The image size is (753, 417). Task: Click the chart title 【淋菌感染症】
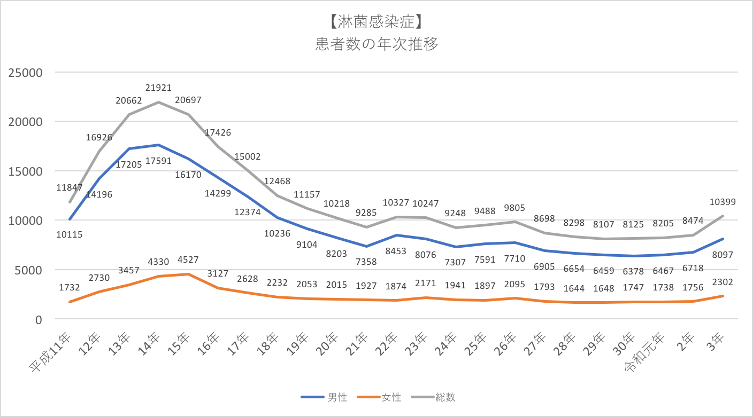click(x=376, y=22)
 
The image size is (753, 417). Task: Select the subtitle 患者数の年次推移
click(x=376, y=44)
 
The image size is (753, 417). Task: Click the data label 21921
click(x=158, y=88)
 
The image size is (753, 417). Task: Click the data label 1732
click(x=70, y=287)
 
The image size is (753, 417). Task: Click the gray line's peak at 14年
click(x=158, y=102)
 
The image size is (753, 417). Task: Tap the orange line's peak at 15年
click(x=188, y=274)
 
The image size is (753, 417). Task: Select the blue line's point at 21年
click(x=366, y=246)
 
